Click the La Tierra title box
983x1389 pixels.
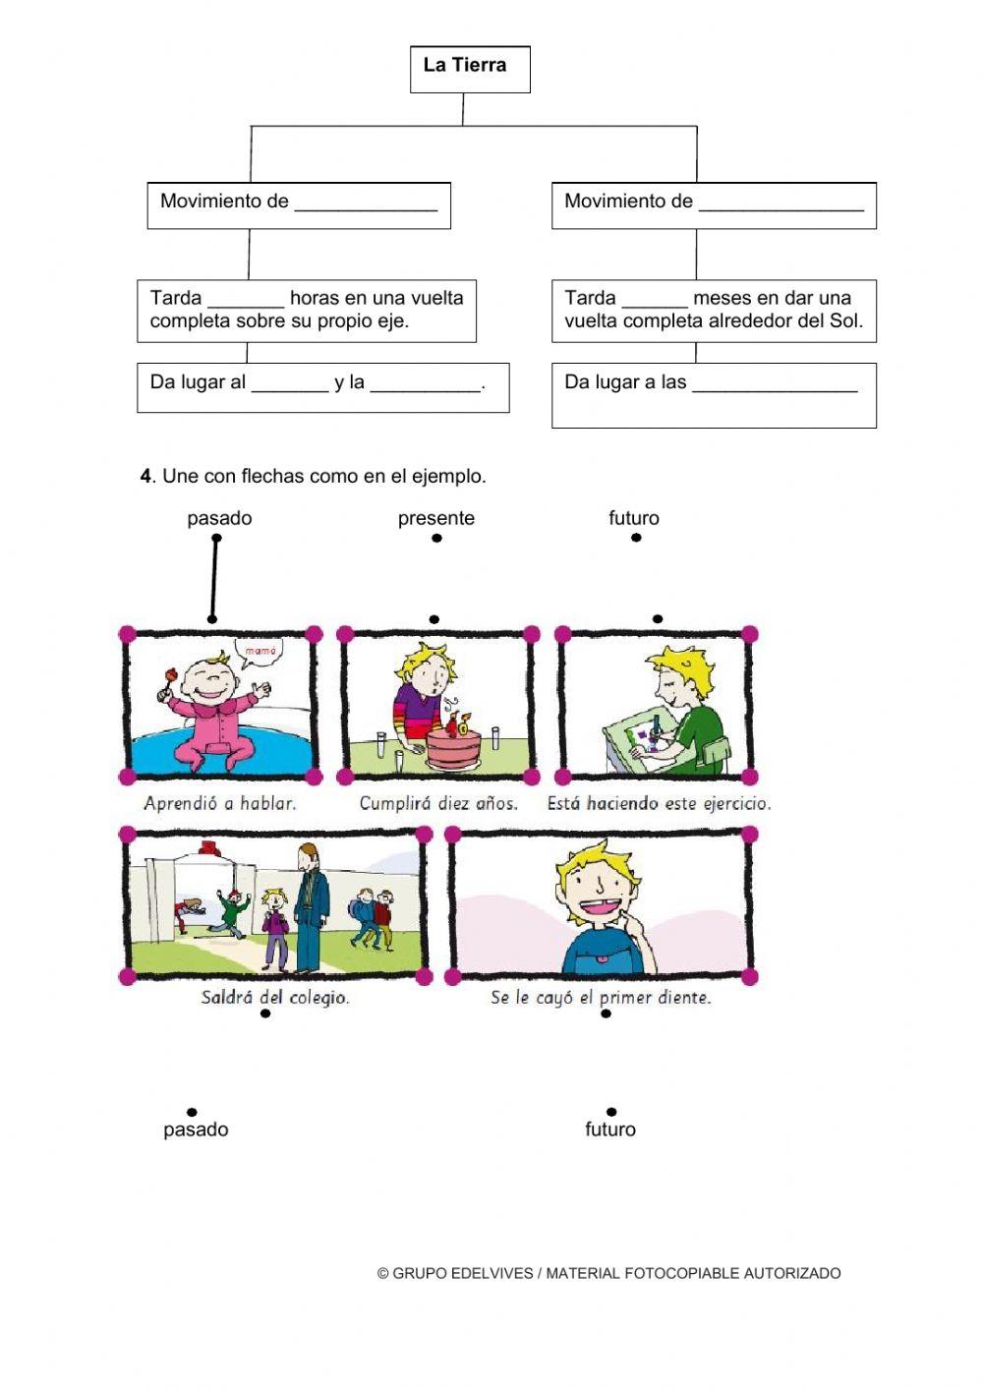470,69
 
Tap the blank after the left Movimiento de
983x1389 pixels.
366,204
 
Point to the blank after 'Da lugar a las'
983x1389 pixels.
775,385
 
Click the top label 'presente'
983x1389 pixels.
435,518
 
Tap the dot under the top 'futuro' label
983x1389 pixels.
636,538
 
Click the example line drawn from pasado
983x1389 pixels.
214,579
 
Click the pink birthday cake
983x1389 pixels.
452,747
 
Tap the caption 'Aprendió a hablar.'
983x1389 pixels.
219,803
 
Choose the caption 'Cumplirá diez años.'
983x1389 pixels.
438,803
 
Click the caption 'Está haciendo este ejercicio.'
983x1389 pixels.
659,803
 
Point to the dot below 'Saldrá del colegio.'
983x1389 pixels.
265,1013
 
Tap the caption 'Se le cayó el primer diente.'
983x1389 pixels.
601,998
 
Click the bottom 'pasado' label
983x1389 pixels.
196,1129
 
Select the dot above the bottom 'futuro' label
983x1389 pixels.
611,1112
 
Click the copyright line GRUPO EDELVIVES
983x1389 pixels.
608,1273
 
